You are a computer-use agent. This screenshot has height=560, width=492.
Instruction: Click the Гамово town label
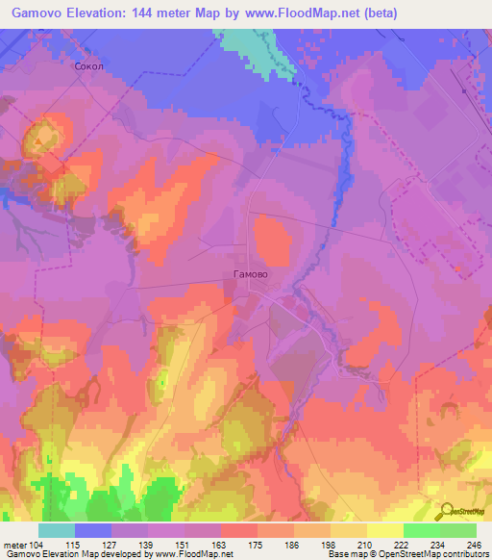point(250,274)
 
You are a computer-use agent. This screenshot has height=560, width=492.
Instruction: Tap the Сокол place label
point(87,67)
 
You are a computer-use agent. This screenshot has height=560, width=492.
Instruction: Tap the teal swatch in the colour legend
point(57,530)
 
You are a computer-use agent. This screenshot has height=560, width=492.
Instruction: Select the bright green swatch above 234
point(421,530)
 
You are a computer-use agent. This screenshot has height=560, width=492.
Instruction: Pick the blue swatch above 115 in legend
point(93,530)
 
